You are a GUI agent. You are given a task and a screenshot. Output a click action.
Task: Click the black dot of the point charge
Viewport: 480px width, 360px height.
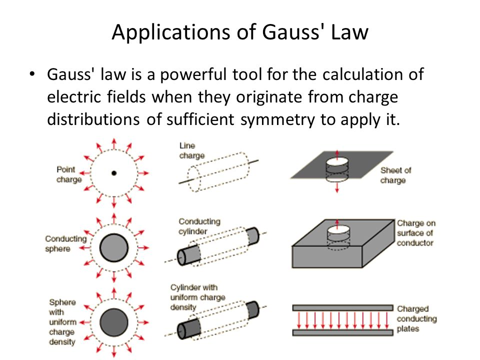[x=114, y=173]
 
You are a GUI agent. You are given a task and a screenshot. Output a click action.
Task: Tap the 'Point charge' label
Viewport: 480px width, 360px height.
[x=69, y=174]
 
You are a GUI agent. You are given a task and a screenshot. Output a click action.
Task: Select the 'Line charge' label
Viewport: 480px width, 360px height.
[x=192, y=150]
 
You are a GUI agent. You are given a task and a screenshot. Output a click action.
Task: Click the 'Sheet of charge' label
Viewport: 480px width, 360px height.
[x=395, y=175]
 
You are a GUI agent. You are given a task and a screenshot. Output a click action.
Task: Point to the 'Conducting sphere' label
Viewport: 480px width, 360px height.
[x=65, y=243]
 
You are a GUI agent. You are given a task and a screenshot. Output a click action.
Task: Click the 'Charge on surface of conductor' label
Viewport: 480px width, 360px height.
[x=415, y=233]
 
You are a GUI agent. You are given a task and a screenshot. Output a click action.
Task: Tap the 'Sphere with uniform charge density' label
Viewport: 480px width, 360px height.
[x=62, y=322]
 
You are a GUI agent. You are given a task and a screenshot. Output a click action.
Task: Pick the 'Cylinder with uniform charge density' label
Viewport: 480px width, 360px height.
[x=197, y=297]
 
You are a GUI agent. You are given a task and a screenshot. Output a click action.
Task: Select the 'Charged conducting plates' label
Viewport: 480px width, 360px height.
[x=416, y=318]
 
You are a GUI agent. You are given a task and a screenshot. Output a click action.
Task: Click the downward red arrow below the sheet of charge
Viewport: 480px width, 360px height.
[x=337, y=187]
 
